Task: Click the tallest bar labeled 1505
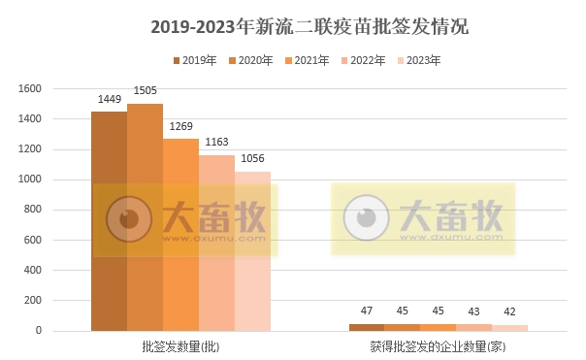[145, 217]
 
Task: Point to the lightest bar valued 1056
[252, 251]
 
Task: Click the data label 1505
[145, 93]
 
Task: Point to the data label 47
[367, 311]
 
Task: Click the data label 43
[474, 311]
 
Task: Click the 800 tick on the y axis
[33, 210]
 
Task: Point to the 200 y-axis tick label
[33, 301]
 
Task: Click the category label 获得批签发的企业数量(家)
[439, 345]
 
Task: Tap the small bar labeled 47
[367, 327]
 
